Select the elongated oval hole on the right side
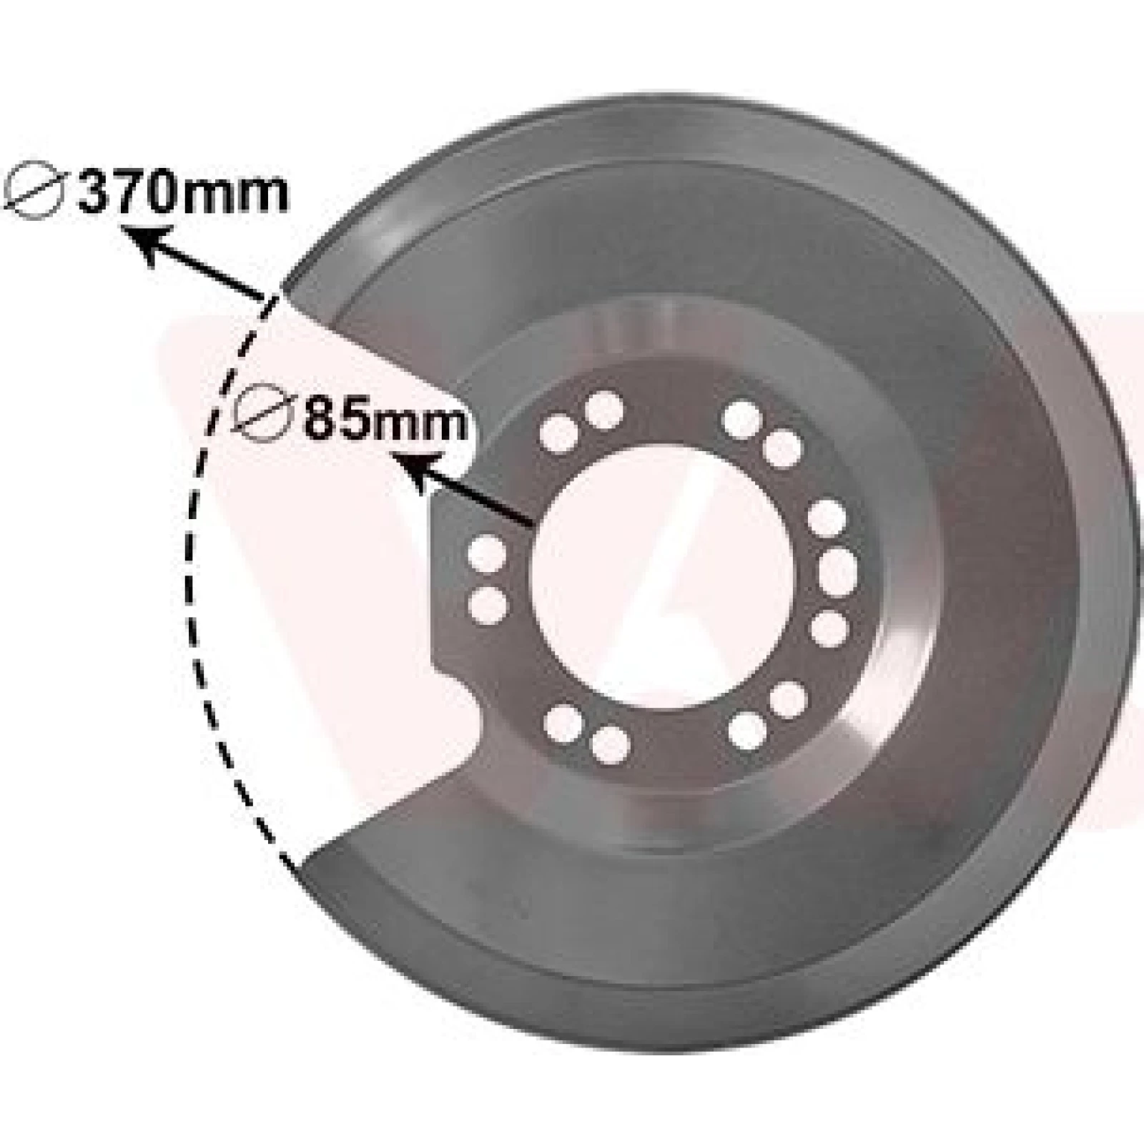coord(837,571)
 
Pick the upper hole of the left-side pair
coord(487,554)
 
